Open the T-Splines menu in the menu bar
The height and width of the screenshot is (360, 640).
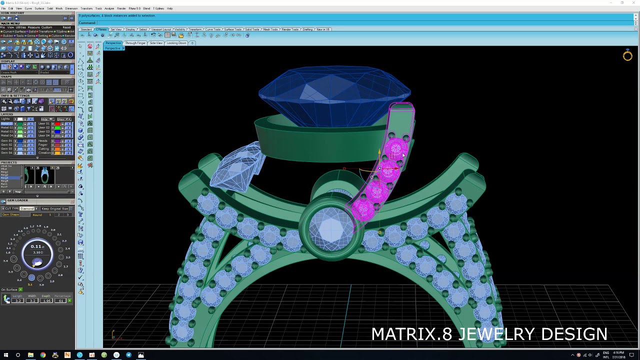[158, 8]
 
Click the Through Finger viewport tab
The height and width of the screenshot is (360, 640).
[135, 43]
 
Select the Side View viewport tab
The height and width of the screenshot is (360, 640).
[156, 43]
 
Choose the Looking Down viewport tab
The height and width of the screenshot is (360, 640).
[176, 43]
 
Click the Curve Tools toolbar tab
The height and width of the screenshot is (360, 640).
[212, 29]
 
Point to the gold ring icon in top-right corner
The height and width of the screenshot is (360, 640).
[627, 56]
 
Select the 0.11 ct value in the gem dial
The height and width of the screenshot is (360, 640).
[36, 246]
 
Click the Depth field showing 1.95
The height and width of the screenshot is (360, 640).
[47, 300]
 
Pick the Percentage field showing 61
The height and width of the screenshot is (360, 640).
[62, 300]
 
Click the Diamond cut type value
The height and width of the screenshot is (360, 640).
[27, 208]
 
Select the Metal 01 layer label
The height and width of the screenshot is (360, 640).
[7, 123]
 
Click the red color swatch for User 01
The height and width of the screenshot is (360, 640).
[57, 123]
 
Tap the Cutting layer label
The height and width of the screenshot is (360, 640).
[43, 148]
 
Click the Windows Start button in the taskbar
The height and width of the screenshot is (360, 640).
[6, 355]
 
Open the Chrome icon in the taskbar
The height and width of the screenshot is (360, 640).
[43, 355]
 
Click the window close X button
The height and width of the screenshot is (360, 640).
[634, 3]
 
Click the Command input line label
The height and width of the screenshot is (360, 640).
[87, 22]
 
